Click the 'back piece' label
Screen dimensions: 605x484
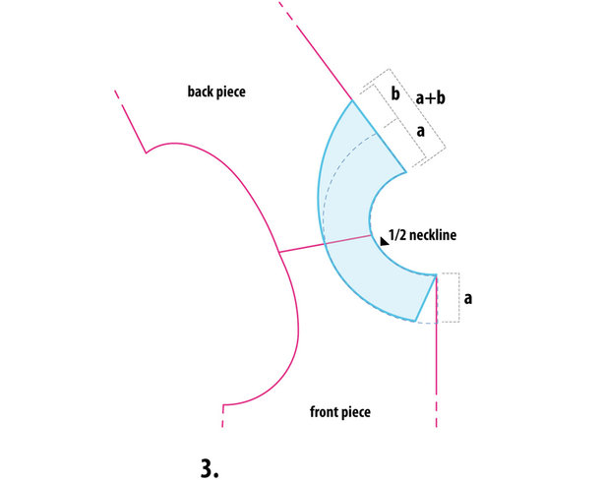pyautogui.click(x=216, y=91)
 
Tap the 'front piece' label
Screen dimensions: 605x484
pyautogui.click(x=340, y=412)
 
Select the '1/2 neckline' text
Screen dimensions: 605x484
pyautogui.click(x=422, y=235)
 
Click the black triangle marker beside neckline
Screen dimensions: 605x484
pyautogui.click(x=384, y=242)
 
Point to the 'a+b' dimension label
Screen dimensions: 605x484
pyautogui.click(x=430, y=98)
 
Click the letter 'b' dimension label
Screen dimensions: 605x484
pyautogui.click(x=395, y=93)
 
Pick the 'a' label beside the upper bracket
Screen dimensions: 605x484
pyautogui.click(x=421, y=131)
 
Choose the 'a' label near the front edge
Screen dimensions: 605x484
pyautogui.click(x=468, y=298)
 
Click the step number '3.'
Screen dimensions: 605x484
pyautogui.click(x=210, y=468)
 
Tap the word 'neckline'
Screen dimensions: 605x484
pyautogui.click(x=433, y=235)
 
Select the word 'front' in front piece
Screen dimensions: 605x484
pyautogui.click(x=323, y=411)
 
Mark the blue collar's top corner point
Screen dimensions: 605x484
pyautogui.click(x=352, y=100)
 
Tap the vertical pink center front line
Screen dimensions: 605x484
pyautogui.click(x=437, y=350)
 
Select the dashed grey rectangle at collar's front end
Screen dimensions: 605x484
pyautogui.click(x=449, y=297)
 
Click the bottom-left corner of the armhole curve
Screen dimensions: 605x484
pyautogui.click(x=223, y=405)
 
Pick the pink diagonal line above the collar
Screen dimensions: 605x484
pyautogui.click(x=315, y=50)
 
